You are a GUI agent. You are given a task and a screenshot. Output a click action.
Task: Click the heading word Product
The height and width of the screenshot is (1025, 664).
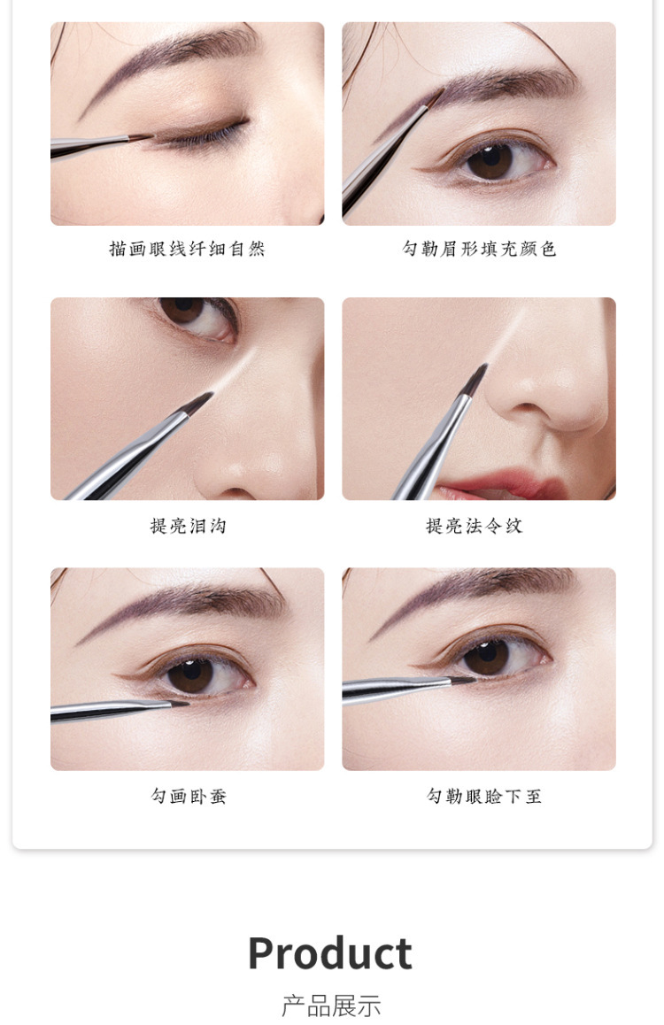click(329, 953)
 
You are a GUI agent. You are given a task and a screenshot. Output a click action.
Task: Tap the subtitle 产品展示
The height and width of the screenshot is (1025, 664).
click(331, 1006)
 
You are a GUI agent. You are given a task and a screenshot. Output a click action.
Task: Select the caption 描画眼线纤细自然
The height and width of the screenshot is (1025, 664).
click(187, 249)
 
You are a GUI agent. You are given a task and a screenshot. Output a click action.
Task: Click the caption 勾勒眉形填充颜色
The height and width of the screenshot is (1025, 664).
click(479, 249)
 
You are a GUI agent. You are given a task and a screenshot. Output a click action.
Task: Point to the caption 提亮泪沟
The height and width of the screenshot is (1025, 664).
click(188, 526)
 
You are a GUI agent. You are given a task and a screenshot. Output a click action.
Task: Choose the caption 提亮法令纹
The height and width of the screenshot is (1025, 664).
click(475, 526)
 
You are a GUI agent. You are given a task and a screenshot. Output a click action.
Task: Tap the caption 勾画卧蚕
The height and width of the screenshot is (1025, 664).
click(188, 796)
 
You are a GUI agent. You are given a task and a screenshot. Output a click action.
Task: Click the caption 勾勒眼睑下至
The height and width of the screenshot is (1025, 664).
click(483, 796)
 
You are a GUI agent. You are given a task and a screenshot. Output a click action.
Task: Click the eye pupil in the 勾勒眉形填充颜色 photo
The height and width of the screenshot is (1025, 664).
click(490, 160)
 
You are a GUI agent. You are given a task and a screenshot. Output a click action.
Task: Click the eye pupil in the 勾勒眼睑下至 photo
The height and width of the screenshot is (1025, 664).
click(487, 656)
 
